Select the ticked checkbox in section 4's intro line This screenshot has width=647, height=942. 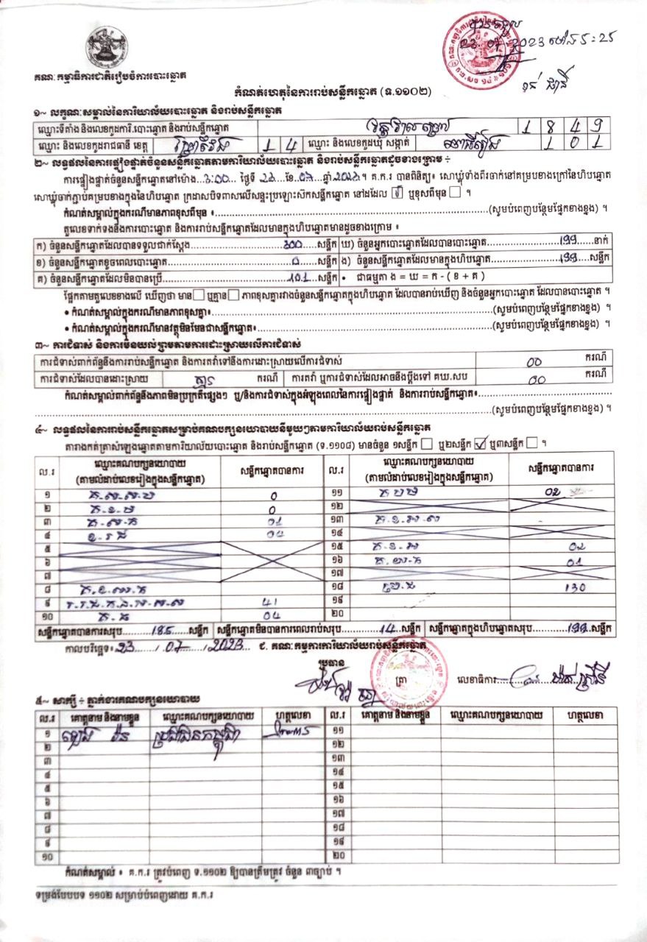[481, 444]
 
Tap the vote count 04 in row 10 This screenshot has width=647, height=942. [269, 615]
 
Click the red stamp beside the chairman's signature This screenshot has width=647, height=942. [400, 673]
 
